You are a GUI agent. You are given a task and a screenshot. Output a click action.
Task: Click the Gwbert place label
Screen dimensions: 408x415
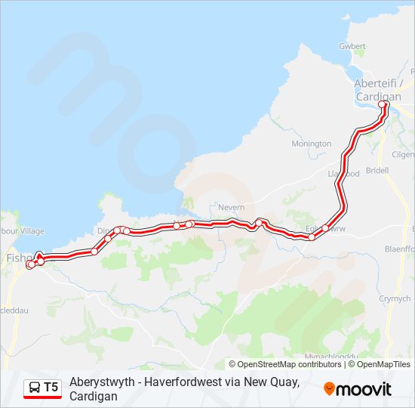(352, 46)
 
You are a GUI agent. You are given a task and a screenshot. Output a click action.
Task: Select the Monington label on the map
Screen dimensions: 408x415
(311, 144)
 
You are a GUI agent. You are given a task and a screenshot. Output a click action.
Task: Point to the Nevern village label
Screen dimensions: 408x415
(231, 207)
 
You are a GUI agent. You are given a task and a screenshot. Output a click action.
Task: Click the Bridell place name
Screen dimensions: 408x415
(377, 171)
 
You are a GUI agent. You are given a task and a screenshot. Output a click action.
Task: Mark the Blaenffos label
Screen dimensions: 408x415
(401, 248)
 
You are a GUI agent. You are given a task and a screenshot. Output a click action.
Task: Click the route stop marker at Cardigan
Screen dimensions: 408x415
(383, 105)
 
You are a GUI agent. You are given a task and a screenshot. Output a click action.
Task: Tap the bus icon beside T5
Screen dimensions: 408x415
(35, 388)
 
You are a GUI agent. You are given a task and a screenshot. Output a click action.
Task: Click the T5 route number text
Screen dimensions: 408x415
(51, 388)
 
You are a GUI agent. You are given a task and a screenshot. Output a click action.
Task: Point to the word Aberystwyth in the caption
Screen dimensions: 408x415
(98, 382)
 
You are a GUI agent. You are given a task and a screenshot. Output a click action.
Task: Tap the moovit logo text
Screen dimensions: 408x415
(364, 389)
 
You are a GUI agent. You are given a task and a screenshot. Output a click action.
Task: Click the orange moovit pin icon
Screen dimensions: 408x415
(329, 388)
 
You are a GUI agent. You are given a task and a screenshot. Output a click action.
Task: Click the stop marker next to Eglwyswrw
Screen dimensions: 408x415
(325, 228)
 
